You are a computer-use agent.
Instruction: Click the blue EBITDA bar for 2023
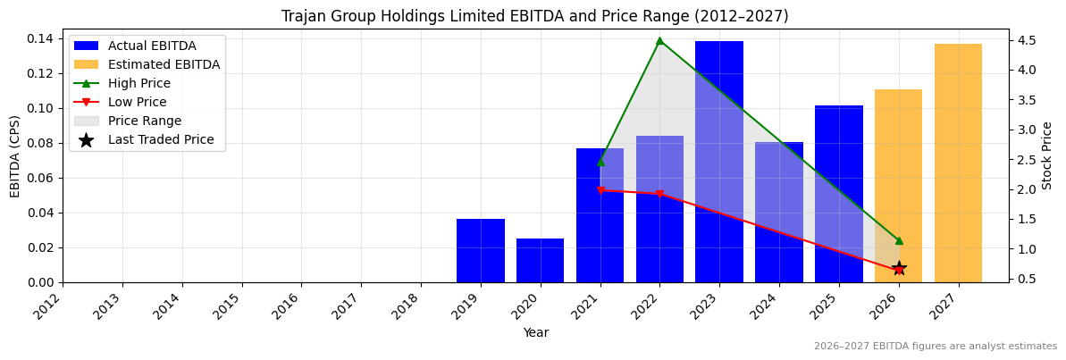pyautogui.click(x=718, y=162)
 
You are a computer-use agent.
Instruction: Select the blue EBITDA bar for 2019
pyautogui.click(x=480, y=251)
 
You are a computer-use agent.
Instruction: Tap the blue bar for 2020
pyautogui.click(x=540, y=261)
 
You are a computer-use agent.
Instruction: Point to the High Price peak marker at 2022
pyautogui.click(x=659, y=40)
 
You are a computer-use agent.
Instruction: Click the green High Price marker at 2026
pyautogui.click(x=899, y=240)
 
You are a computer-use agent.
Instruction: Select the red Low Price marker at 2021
pyautogui.click(x=600, y=190)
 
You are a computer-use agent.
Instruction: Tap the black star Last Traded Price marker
pyautogui.click(x=899, y=268)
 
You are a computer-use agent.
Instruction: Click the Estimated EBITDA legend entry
pyautogui.click(x=164, y=64)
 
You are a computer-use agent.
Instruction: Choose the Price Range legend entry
pyautogui.click(x=144, y=121)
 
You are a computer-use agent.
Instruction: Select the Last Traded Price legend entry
pyautogui.click(x=161, y=139)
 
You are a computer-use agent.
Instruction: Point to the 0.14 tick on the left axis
pyautogui.click(x=42, y=38)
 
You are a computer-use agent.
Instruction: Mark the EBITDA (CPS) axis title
pyautogui.click(x=15, y=155)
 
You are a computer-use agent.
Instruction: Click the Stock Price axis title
pyautogui.click(x=1047, y=155)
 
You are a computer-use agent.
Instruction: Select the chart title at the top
pyautogui.click(x=534, y=16)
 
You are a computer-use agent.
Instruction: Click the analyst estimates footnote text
pyautogui.click(x=935, y=347)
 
